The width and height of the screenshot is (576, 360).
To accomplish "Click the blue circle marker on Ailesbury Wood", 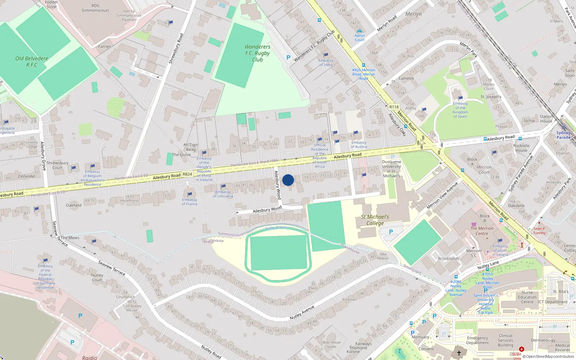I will (x=288, y=180).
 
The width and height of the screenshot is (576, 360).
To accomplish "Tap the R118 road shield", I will (x=394, y=107).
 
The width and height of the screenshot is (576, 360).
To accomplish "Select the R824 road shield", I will (x=187, y=174).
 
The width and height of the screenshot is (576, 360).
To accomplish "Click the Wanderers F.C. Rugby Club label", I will (x=257, y=53).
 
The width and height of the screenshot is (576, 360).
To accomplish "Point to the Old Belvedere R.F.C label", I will (x=32, y=62).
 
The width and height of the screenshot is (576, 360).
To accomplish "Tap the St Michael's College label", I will (x=375, y=220).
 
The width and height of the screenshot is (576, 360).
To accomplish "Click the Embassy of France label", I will (x=190, y=202).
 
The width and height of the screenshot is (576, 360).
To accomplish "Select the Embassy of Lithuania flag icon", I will (x=223, y=186).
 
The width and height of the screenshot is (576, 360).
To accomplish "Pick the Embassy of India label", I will (x=326, y=63).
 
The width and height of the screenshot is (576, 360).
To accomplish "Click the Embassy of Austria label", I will (x=359, y=144).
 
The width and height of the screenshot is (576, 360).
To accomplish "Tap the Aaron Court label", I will (x=360, y=37).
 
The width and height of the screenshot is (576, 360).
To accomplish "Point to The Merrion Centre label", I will (x=482, y=231).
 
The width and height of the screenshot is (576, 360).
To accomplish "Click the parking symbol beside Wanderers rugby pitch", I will (x=288, y=58).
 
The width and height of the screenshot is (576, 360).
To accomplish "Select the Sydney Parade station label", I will (x=563, y=135).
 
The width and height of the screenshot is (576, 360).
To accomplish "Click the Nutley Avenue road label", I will (x=302, y=312).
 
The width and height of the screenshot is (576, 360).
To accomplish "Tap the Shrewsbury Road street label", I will (x=176, y=49).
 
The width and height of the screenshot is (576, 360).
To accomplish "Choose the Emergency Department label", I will (x=477, y=340).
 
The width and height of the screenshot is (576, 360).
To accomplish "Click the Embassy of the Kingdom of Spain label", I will (x=460, y=110).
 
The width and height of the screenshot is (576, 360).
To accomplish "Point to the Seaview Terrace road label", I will (x=112, y=268).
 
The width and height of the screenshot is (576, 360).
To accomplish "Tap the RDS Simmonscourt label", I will (x=95, y=8).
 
